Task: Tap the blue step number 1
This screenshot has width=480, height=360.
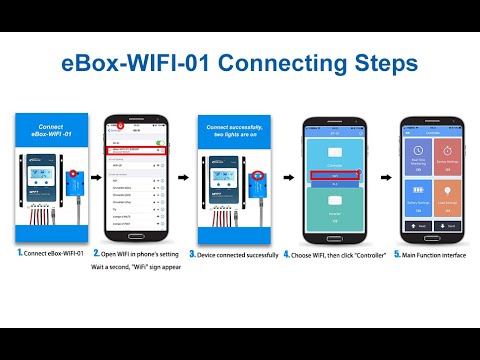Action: tap(18, 254)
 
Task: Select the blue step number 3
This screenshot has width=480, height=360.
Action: tap(194, 254)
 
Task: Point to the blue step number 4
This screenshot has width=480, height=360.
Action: tap(287, 254)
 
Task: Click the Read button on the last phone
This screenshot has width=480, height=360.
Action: tap(418, 226)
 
